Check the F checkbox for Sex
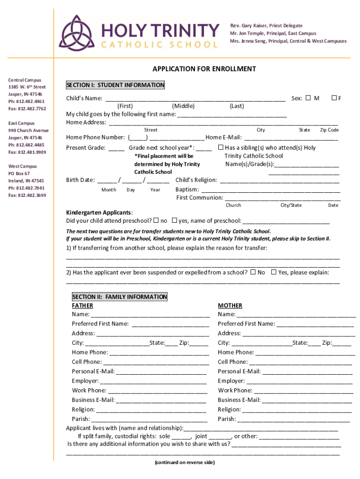pos(334,98)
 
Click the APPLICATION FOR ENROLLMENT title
pos(204,69)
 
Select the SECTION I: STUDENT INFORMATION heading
pos(115,85)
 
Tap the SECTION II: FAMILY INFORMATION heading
pos(119,297)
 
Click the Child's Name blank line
pos(195,99)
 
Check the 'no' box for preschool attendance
pos(156,220)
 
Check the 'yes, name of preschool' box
pos(174,220)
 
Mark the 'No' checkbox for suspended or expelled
pos(253,272)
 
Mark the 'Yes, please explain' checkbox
pos(274,272)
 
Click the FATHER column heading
pos(82,306)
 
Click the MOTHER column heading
pos(230,306)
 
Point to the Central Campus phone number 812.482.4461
pos(27,102)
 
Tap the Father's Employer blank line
pos(154,382)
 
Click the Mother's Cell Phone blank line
pos(299,363)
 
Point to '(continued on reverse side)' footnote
pos(185,463)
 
